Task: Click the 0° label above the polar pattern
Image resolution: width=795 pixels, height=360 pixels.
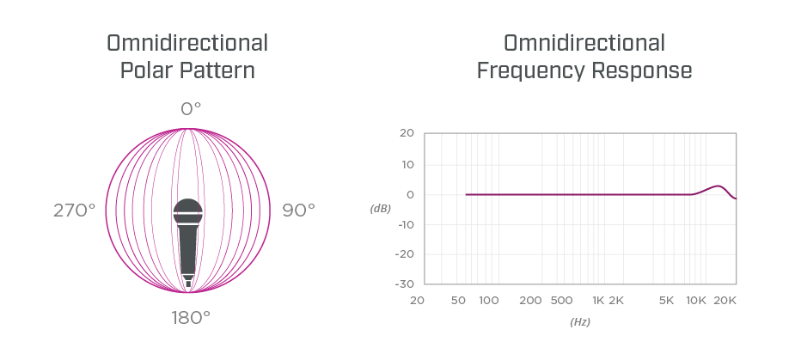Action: click(x=190, y=108)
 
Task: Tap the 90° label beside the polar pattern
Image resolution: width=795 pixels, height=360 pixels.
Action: click(x=298, y=210)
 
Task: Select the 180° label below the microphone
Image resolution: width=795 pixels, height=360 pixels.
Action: click(x=190, y=317)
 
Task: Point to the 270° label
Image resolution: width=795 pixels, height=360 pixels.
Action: click(x=74, y=210)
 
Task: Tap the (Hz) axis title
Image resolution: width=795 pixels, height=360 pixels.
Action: click(x=579, y=321)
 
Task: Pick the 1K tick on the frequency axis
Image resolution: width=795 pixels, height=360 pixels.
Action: click(x=598, y=300)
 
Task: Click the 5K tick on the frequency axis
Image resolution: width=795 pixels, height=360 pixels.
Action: click(x=666, y=300)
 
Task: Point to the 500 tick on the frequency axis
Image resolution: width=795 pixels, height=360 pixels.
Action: click(x=560, y=300)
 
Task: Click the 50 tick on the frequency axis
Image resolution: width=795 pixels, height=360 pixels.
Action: click(x=458, y=300)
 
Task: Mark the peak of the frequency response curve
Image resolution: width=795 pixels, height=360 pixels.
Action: click(x=719, y=186)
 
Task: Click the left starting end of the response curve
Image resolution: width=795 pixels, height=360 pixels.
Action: click(x=467, y=194)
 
